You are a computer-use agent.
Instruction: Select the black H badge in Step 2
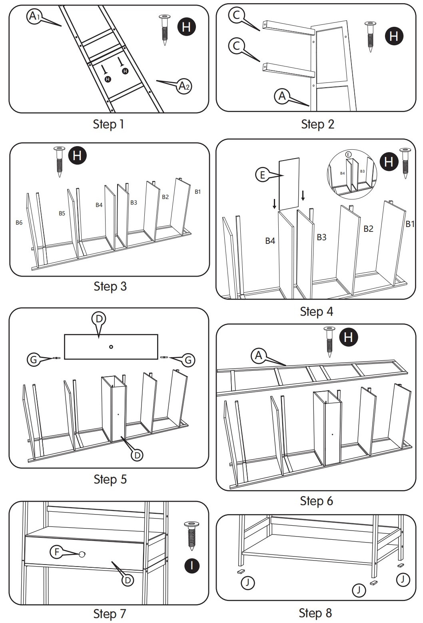coord(394,36)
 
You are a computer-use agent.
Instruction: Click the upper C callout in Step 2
coord(236,15)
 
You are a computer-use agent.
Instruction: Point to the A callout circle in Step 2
coord(282,96)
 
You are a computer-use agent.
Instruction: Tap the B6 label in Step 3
coord(19,223)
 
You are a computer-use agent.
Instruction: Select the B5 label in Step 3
coord(62,213)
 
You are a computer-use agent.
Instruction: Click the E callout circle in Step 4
coord(263,175)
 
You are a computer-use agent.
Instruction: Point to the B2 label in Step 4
coord(368,229)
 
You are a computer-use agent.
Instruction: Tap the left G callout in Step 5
coord(34,360)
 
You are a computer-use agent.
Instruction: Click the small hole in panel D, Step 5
coord(111,347)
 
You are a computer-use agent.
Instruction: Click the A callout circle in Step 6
coord(259,356)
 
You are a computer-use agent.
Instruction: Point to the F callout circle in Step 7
coord(57,552)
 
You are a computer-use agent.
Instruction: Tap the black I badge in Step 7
coord(192,566)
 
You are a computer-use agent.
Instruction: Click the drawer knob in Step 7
coord(82,554)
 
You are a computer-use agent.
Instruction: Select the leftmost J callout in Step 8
coord(248,582)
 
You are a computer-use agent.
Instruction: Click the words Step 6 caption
coord(316,500)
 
